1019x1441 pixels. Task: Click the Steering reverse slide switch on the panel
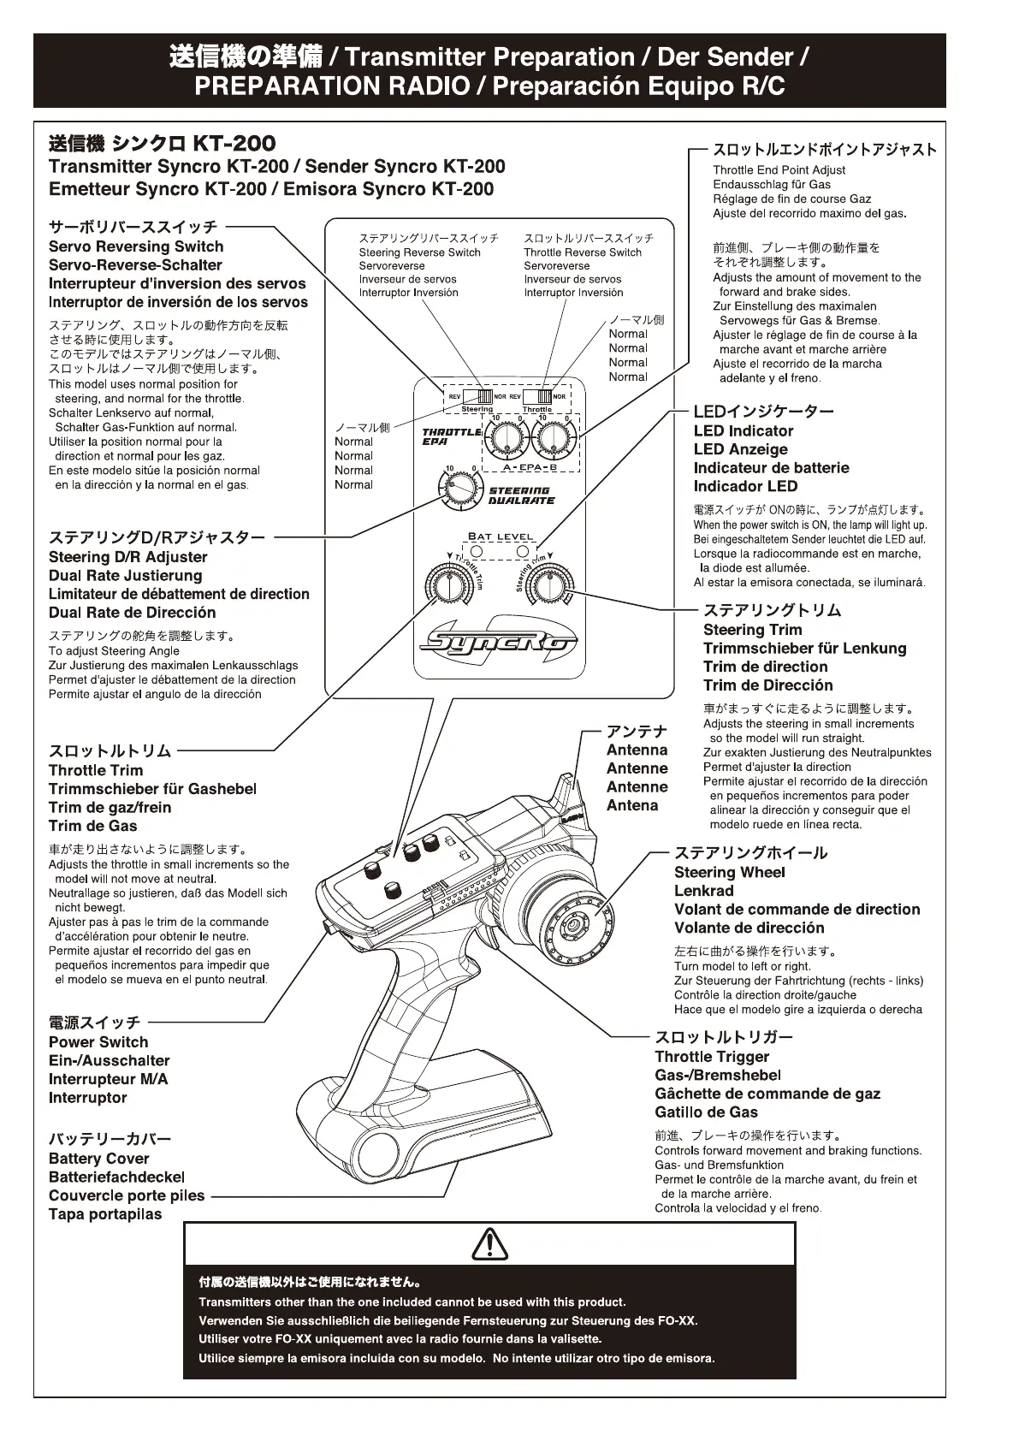(x=477, y=397)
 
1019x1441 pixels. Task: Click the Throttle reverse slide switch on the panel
(x=537, y=397)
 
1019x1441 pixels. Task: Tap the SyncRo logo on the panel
(x=498, y=641)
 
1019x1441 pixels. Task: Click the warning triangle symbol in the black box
(x=489, y=1244)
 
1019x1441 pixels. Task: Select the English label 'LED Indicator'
(x=743, y=431)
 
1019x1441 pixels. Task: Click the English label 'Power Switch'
(x=98, y=1042)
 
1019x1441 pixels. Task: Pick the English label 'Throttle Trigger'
(x=712, y=1057)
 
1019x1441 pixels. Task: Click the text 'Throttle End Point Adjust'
(x=779, y=170)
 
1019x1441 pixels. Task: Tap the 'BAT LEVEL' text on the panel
(x=501, y=537)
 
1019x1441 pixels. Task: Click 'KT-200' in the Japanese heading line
(x=234, y=143)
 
